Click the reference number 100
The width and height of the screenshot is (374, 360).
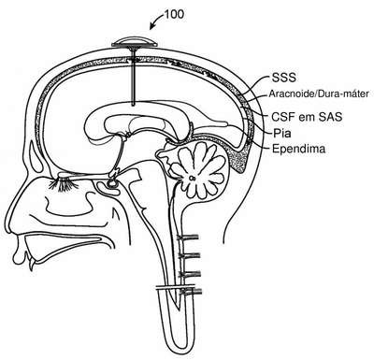pos(174,14)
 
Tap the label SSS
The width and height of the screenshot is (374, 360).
pos(283,78)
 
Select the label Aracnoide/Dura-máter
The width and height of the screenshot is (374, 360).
pos(319,94)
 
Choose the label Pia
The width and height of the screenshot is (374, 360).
pos(282,134)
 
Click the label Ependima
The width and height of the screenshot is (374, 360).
pos(298,149)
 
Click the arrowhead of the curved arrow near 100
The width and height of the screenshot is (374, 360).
pos(152,27)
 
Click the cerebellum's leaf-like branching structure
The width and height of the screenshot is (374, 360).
pos(198,170)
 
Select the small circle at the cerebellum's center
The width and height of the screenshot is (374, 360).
pos(192,179)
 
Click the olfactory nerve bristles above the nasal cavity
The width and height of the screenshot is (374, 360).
pos(64,185)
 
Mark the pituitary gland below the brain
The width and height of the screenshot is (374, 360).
pos(112,183)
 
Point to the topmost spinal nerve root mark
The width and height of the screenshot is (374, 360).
pos(188,238)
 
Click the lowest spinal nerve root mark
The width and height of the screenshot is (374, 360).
pos(190,292)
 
